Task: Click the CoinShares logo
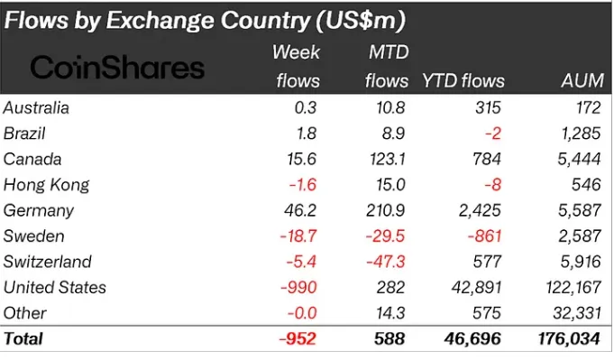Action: coord(118,67)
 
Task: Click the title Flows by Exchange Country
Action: coord(204,19)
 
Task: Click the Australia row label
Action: coord(37,108)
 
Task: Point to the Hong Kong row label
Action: coord(47,185)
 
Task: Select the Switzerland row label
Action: coord(49,262)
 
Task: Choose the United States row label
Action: coord(55,287)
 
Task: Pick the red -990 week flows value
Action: coord(301,287)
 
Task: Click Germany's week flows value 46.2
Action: coord(302,210)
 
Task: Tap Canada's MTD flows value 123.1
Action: coord(386,159)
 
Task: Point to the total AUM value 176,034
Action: coord(568,339)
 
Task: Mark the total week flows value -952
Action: coord(298,339)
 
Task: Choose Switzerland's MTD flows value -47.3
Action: coord(386,262)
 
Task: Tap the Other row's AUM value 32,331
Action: coord(575,313)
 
